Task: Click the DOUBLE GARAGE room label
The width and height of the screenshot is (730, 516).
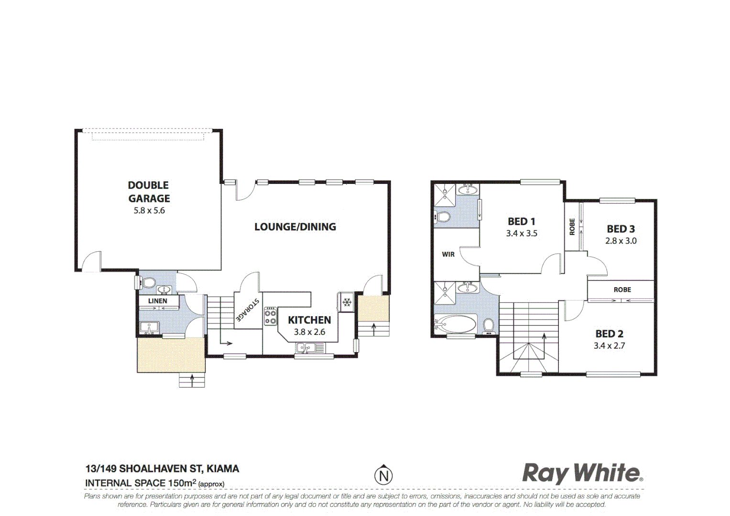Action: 149,192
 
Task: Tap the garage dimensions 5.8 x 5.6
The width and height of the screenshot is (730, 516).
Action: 149,211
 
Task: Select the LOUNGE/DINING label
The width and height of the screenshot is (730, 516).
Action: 295,227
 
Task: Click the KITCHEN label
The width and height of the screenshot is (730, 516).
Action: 309,320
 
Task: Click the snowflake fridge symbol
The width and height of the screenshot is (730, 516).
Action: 347,302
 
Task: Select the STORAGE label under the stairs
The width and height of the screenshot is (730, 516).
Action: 247,310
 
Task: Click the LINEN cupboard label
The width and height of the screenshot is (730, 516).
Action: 157,301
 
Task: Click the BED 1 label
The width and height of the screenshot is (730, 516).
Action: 521,222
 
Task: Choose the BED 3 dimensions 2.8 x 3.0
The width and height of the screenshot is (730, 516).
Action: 621,241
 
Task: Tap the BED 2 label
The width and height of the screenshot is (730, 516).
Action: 609,334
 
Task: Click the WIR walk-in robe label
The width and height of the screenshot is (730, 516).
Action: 448,255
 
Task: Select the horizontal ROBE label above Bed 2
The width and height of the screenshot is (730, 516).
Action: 622,290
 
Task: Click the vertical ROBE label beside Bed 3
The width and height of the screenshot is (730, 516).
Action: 572,226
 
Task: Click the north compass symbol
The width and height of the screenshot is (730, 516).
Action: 383,475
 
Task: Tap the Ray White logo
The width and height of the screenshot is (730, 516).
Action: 582,473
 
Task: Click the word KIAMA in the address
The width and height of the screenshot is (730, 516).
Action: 222,469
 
